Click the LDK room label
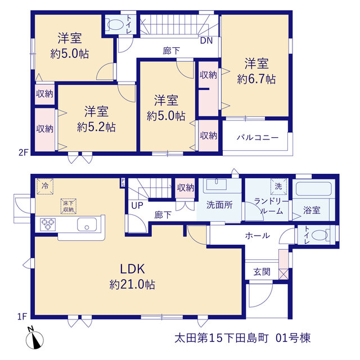click(x=133, y=269)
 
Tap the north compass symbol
click(x=35, y=340)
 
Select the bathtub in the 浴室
click(x=314, y=189)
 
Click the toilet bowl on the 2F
click(x=115, y=25)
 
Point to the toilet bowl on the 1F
click(x=320, y=235)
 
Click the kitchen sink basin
click(x=87, y=224)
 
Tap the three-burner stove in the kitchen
click(x=48, y=224)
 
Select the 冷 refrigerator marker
click(x=45, y=186)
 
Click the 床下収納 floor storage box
click(x=69, y=206)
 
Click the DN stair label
click(x=206, y=40)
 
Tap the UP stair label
click(x=137, y=205)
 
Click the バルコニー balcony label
click(x=258, y=137)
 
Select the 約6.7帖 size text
click(x=256, y=79)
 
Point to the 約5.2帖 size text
click(x=96, y=127)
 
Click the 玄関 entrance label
click(x=262, y=272)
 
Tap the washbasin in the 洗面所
click(x=216, y=184)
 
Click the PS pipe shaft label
click(x=123, y=182)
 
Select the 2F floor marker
click(x=23, y=152)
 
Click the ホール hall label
click(x=258, y=236)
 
